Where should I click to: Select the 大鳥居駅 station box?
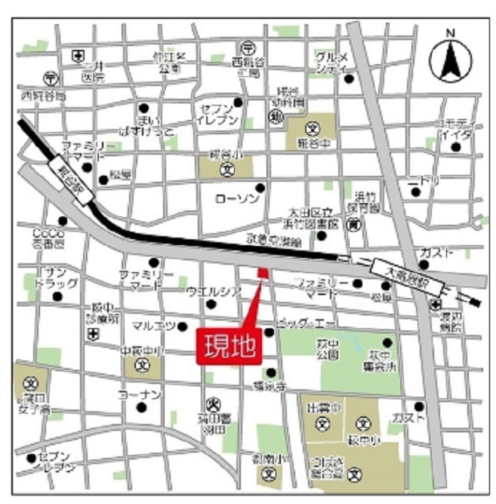pyautogui.click(x=399, y=268)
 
